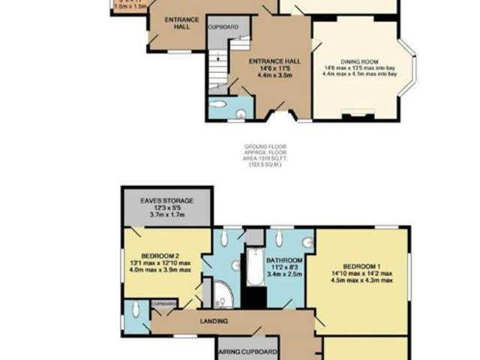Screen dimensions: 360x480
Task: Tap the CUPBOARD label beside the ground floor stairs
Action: click(x=223, y=27)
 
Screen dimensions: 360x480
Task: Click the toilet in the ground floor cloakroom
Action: click(x=240, y=113)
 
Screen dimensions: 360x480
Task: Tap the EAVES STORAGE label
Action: click(x=167, y=201)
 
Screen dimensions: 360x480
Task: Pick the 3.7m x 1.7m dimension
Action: click(x=166, y=215)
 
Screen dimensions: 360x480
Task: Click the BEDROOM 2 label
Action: click(x=165, y=253)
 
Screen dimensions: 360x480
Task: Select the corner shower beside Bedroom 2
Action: click(x=222, y=295)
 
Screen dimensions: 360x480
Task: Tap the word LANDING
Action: click(x=214, y=322)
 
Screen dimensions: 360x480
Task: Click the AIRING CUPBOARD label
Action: click(x=247, y=352)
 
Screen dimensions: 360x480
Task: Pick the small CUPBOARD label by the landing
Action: click(x=163, y=304)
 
